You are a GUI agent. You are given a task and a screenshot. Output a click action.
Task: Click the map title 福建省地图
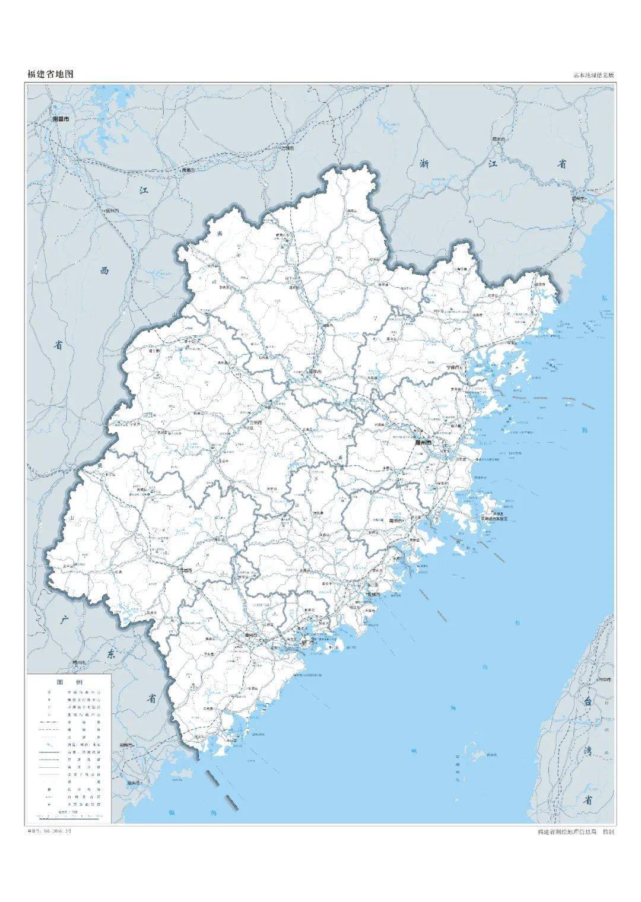[x=50, y=74]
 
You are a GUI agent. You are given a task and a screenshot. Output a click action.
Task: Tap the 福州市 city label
[x=424, y=442]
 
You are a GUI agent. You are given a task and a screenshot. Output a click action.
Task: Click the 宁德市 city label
[x=456, y=367]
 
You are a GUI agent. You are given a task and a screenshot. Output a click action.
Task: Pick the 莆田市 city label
[x=396, y=520]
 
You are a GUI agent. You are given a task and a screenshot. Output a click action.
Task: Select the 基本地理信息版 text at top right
[x=594, y=75]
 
